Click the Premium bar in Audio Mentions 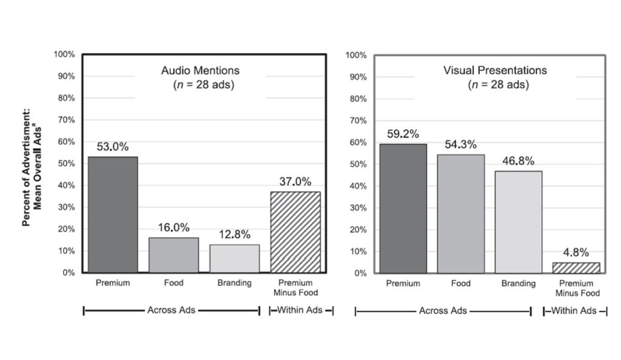[x=113, y=215]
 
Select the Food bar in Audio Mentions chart [x=173, y=255]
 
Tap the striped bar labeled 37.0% [x=295, y=232]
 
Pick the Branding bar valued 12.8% [x=235, y=259]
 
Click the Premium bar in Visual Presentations [x=403, y=208]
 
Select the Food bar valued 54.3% [x=461, y=213]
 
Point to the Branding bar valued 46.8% [x=519, y=222]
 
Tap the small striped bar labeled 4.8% [x=576, y=268]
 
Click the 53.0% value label [x=113, y=147]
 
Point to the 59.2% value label [x=403, y=133]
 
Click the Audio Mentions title [x=200, y=70]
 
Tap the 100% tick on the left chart [x=64, y=55]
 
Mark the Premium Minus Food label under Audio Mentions [x=295, y=288]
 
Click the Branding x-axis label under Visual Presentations [x=519, y=284]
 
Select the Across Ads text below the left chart [x=171, y=310]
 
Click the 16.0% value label [x=173, y=227]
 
